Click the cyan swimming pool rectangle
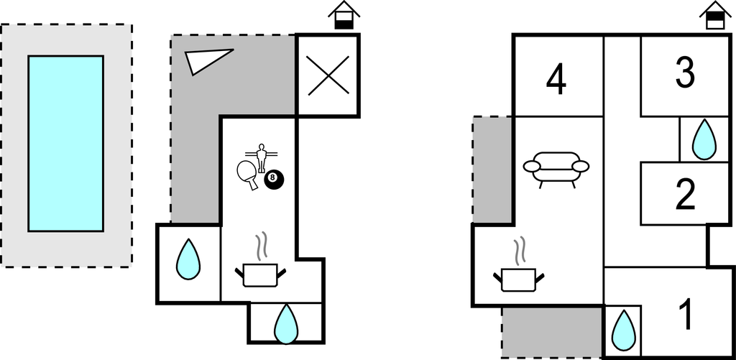[x=65, y=143]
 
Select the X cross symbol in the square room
[x=328, y=75]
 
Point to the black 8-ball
[x=274, y=180]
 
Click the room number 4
[x=556, y=80]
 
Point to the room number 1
[x=686, y=314]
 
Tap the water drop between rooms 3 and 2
[x=704, y=139]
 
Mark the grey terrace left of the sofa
[x=492, y=169]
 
